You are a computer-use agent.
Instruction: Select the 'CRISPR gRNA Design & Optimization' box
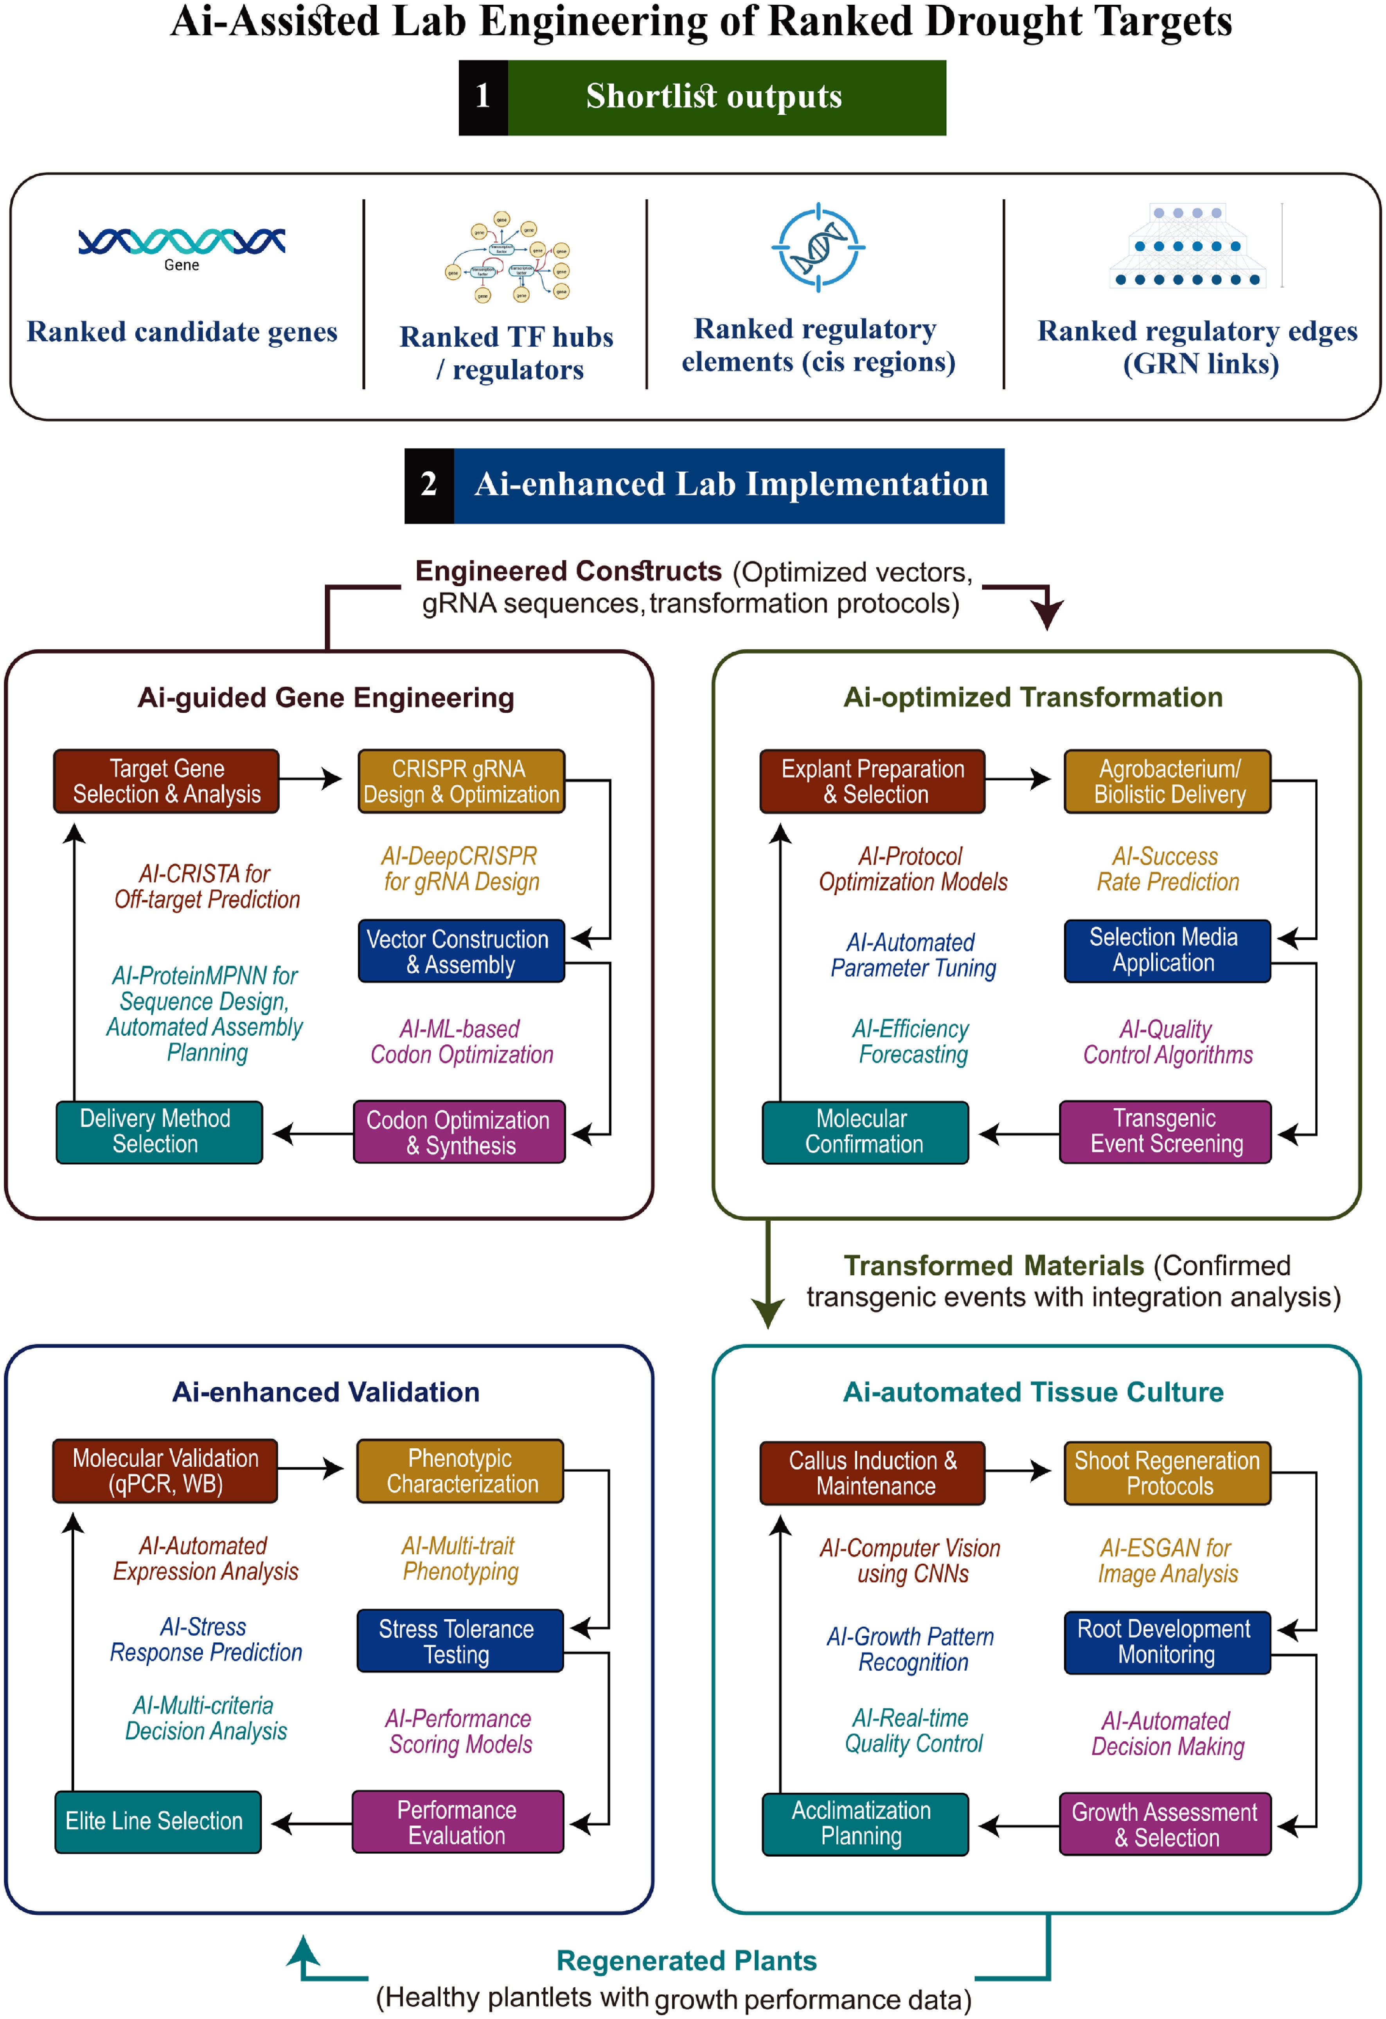pyautogui.click(x=462, y=781)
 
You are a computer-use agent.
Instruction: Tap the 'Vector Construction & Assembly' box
pyautogui.click(x=462, y=951)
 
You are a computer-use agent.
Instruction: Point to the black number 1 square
pyautogui.click(x=483, y=97)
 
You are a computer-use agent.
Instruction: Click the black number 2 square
pyautogui.click(x=429, y=486)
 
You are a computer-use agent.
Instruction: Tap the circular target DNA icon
pyautogui.click(x=818, y=248)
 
